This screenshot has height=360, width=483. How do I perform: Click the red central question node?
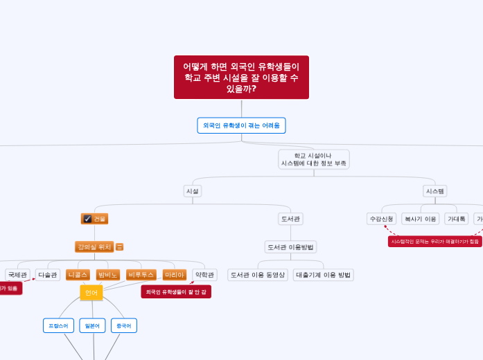(241, 77)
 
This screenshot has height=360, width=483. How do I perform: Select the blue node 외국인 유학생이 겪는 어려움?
(241, 125)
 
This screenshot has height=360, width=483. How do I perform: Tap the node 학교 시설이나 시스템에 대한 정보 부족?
(313, 159)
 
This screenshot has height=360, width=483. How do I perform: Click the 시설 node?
(193, 190)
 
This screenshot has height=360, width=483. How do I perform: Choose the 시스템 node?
(435, 190)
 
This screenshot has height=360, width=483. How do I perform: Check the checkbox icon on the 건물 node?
(87, 219)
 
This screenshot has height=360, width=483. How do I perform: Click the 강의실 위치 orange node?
(94, 246)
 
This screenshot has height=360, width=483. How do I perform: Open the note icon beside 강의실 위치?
(120, 246)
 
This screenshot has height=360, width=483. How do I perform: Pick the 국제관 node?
(17, 275)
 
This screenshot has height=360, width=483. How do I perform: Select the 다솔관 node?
(48, 275)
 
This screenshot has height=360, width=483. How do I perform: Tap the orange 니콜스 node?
(78, 275)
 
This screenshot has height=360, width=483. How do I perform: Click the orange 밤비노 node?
(108, 275)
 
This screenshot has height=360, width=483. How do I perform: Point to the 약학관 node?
(204, 275)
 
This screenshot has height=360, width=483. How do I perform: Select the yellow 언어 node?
(91, 293)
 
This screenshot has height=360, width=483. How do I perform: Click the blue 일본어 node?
(92, 325)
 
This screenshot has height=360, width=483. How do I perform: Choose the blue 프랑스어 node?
(58, 325)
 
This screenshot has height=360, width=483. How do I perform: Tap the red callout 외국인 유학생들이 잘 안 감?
(176, 292)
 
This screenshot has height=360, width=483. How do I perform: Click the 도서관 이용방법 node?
(290, 246)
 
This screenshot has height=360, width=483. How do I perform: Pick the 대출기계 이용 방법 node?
(324, 275)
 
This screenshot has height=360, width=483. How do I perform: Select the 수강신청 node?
(381, 219)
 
